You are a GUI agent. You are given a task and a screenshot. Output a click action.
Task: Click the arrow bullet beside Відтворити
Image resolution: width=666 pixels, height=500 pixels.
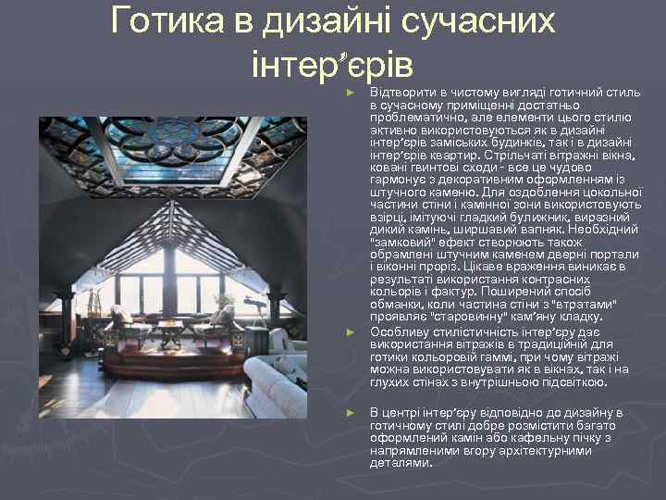[350, 94]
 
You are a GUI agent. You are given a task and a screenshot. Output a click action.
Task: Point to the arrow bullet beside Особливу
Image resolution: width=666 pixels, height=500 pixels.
[350, 331]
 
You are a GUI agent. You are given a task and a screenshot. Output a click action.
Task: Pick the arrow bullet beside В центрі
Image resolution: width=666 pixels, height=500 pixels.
[350, 412]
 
